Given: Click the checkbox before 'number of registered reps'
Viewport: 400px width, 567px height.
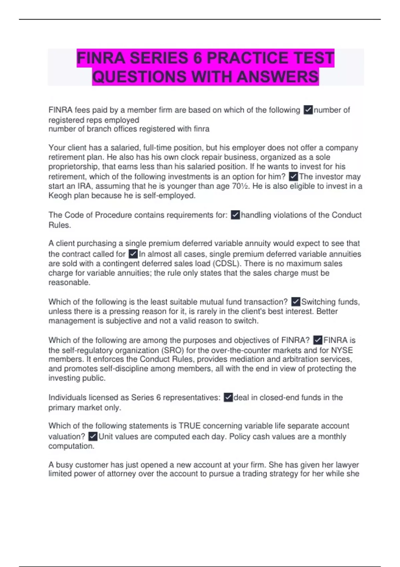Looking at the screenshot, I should click(308, 110).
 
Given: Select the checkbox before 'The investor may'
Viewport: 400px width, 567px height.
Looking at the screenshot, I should click(293, 176).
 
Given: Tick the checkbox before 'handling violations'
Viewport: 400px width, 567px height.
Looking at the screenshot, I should click(235, 215).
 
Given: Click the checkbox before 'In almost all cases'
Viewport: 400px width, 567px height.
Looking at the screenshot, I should click(133, 254).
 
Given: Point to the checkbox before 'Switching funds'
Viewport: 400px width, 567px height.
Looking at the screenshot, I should click(296, 302).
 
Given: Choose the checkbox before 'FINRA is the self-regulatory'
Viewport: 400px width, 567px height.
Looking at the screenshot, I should click(318, 340).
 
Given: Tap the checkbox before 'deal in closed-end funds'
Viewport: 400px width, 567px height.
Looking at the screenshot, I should click(228, 398).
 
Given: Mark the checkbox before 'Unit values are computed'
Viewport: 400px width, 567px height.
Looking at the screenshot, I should click(93, 437).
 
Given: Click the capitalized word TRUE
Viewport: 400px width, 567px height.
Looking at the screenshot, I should click(189, 426).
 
